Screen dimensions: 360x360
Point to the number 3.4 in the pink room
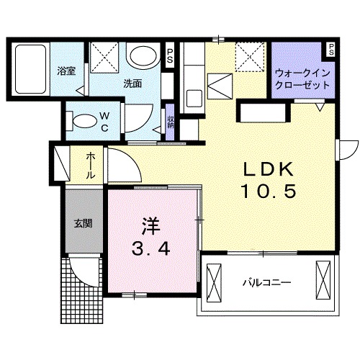tap(150, 250)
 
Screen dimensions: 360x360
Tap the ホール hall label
tap(91, 166)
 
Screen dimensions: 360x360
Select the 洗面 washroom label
tap(132, 84)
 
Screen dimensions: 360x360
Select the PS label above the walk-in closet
tap(330, 50)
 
